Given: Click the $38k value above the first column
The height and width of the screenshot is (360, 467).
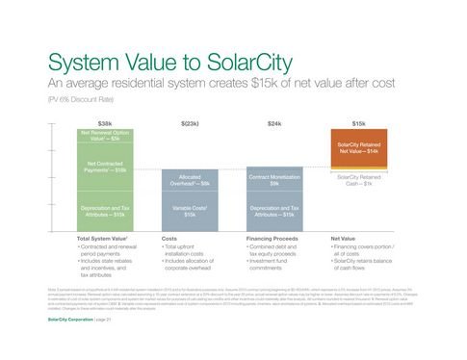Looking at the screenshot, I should (x=105, y=124).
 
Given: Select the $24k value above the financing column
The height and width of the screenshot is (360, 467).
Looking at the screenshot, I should (x=274, y=124).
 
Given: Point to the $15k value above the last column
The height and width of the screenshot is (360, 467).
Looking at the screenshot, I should (x=358, y=124).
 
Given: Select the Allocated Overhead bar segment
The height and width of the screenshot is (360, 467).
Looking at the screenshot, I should (x=190, y=180).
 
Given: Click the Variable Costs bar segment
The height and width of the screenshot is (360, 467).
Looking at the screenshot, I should (x=190, y=211).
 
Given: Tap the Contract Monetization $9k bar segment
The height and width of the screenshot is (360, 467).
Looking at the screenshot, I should (x=274, y=180).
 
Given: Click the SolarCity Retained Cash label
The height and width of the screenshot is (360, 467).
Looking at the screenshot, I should (x=358, y=180).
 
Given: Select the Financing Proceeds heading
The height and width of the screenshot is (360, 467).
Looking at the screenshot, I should (x=272, y=237).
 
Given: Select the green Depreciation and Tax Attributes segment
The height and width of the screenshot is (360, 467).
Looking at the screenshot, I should (x=106, y=211).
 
